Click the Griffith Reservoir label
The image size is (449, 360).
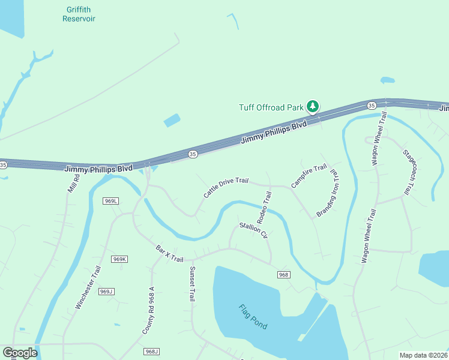[x=79, y=14]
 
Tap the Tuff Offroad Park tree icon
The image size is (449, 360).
[x=312, y=107]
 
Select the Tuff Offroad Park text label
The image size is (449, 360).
[x=271, y=107]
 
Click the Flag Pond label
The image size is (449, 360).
[x=253, y=317]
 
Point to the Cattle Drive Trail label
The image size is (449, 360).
[x=225, y=187]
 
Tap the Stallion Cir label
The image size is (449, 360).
[x=253, y=230]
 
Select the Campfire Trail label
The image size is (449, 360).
[x=309, y=176]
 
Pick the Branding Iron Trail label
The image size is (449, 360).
[x=328, y=193]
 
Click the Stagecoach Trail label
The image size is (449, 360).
[x=408, y=172]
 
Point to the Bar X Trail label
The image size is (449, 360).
[x=169, y=253]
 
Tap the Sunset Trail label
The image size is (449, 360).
[x=192, y=283]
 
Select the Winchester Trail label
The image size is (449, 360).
[x=87, y=287]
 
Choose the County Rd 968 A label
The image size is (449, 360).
[x=148, y=310]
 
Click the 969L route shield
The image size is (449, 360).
[x=110, y=200]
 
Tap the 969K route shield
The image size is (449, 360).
[x=119, y=259]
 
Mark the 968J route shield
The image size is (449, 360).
[x=152, y=352]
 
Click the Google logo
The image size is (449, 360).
[x=20, y=353]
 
